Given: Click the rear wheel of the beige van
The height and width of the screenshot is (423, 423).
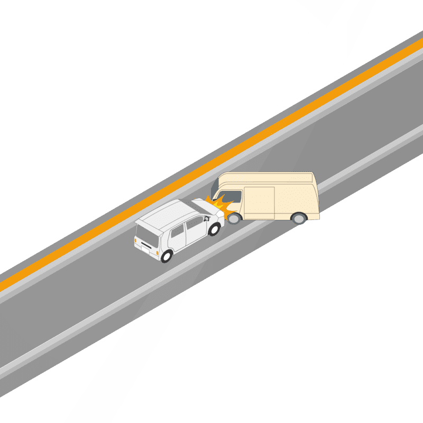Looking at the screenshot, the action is click(x=299, y=217).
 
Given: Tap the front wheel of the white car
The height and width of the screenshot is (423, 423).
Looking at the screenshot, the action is click(x=215, y=229).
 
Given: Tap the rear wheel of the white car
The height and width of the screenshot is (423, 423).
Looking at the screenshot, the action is click(x=167, y=256).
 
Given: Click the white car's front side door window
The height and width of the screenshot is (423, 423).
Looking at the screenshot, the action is click(x=195, y=225).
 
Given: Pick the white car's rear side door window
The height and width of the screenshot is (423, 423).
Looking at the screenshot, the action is click(x=178, y=232).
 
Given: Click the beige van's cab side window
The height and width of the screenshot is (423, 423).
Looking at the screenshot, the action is click(x=233, y=197).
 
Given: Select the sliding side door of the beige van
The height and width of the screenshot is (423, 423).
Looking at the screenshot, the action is click(x=259, y=202).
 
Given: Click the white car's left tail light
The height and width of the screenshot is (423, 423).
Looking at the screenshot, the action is click(x=136, y=241).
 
